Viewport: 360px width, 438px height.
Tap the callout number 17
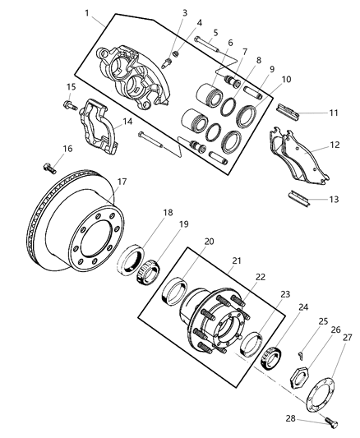coord(121,182)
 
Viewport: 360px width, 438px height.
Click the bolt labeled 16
coord(48,168)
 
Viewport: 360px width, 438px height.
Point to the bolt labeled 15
coord(66,104)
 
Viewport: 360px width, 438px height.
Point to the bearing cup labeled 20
coord(178,289)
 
